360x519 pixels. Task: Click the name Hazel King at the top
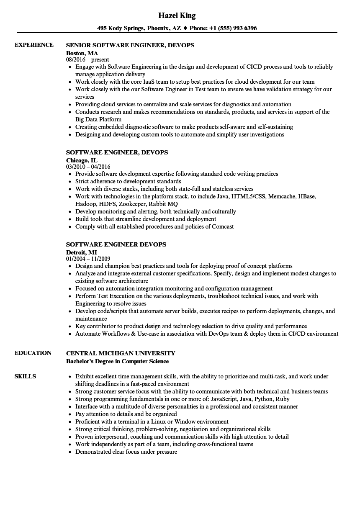[177, 15]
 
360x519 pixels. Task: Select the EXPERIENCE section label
[34, 45]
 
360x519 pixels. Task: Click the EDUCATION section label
[33, 353]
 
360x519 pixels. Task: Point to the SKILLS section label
[25, 376]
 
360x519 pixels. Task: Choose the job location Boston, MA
[82, 53]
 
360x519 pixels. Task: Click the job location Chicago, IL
[82, 160]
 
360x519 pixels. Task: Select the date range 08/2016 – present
[87, 60]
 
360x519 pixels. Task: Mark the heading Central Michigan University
[121, 353]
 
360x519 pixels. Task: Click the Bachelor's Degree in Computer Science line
[118, 361]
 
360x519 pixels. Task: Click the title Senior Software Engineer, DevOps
[130, 45]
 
